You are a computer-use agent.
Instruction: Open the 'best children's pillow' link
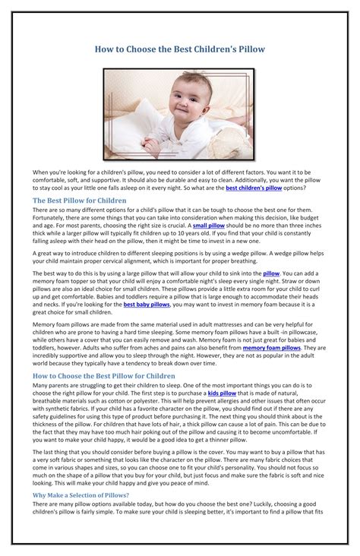pyautogui.click(x=254, y=187)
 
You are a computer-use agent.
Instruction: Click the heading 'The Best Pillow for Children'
pyautogui.click(x=80, y=201)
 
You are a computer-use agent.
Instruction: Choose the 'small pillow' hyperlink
pyautogui.click(x=208, y=226)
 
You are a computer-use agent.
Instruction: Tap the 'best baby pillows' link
pyautogui.click(x=147, y=304)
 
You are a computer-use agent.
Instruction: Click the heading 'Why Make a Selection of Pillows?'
pyautogui.click(x=81, y=494)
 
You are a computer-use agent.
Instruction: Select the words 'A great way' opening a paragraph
pyautogui.click(x=52, y=251)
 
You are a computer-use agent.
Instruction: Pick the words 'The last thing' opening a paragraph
pyautogui.click(x=52, y=451)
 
